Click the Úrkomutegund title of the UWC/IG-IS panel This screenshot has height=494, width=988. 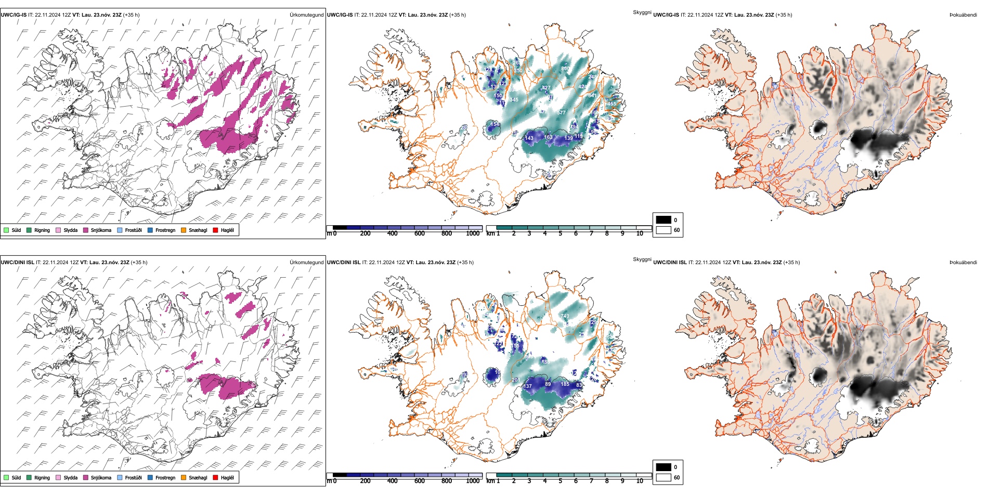(x=306, y=15)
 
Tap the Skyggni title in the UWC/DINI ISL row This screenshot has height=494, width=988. (x=642, y=259)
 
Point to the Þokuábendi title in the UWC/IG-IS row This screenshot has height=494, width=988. (x=963, y=15)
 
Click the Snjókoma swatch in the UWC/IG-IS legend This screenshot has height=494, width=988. (x=86, y=230)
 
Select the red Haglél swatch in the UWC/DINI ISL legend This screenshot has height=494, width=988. (x=216, y=478)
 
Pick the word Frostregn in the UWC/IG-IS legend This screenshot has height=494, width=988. (x=165, y=230)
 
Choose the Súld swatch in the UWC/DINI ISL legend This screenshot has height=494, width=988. (x=6, y=478)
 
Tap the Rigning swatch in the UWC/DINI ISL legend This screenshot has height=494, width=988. (x=29, y=478)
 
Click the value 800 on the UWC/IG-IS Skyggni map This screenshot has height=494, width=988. (x=565, y=69)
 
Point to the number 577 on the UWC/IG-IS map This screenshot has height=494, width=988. (x=561, y=113)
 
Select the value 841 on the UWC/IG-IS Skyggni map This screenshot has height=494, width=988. (x=592, y=96)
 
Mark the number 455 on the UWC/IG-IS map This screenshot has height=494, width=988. (x=612, y=104)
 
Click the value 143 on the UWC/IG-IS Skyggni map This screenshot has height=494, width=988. (x=529, y=138)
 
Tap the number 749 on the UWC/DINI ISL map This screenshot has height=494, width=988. (x=565, y=316)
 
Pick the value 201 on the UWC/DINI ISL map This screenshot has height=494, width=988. (x=515, y=380)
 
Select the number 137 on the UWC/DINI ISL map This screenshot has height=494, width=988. (x=528, y=386)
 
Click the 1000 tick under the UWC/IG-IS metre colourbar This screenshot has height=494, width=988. (x=473, y=234)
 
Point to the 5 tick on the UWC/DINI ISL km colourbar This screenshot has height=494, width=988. (x=560, y=481)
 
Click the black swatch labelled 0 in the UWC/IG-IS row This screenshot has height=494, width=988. (x=664, y=220)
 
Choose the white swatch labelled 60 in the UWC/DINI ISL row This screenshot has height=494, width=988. (x=664, y=477)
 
